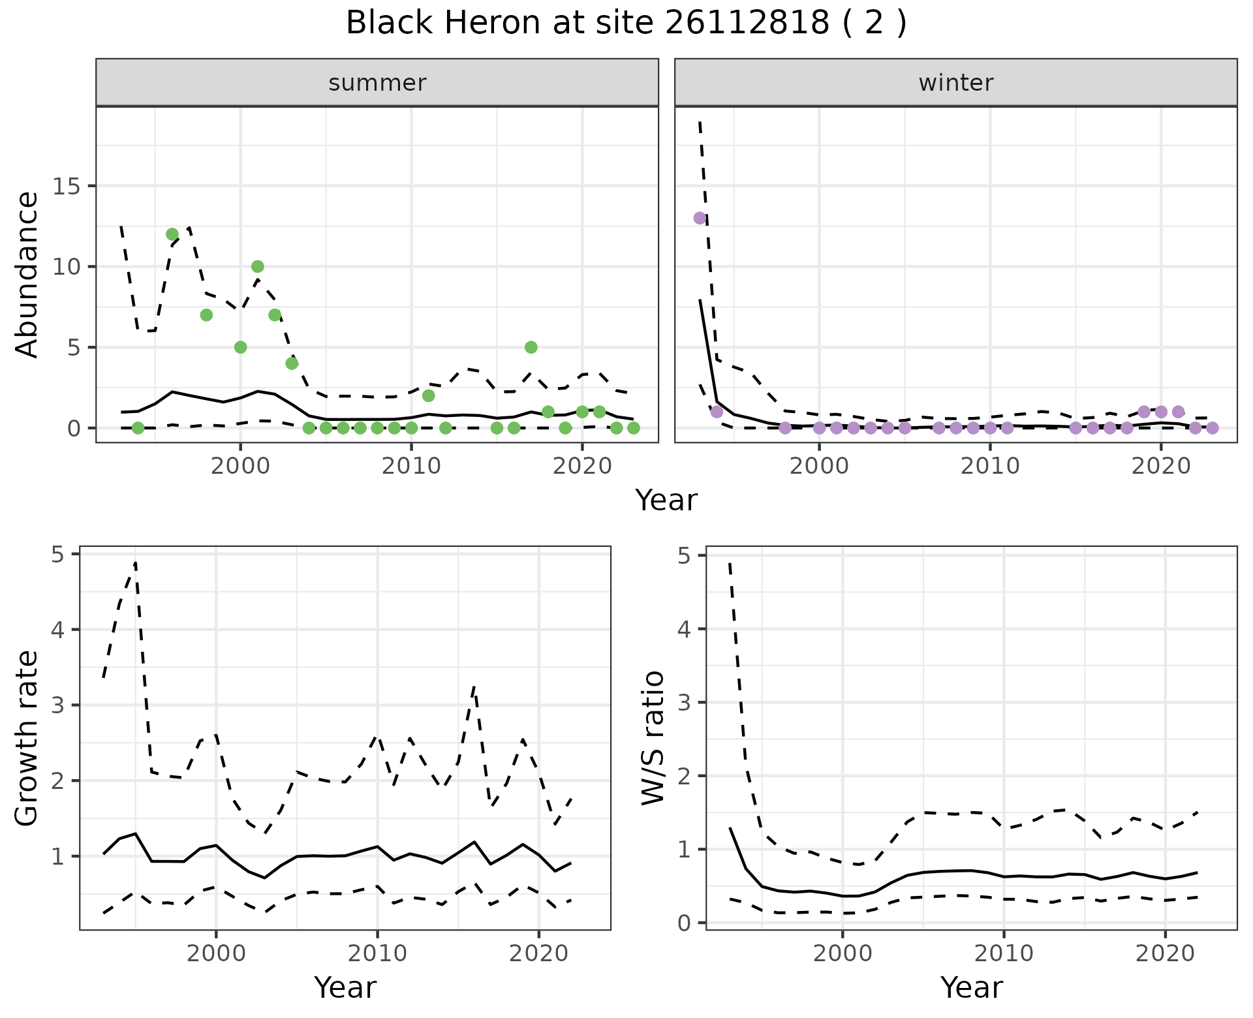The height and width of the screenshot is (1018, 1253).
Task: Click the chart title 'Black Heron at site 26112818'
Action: click(625, 23)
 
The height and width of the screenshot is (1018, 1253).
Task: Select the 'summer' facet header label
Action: click(377, 83)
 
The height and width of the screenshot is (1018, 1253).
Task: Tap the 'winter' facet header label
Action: click(955, 83)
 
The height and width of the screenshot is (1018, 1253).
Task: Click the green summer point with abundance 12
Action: click(172, 234)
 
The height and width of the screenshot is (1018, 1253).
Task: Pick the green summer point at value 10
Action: click(258, 266)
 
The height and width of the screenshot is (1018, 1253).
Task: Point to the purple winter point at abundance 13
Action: click(700, 218)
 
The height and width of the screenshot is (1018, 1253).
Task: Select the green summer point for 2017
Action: click(531, 347)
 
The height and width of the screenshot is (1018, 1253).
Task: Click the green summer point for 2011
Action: click(428, 395)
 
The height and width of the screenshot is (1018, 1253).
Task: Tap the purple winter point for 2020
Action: click(1161, 412)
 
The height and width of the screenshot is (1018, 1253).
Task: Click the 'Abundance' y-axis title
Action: click(27, 274)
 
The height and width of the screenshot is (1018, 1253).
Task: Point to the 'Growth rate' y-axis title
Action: click(27, 739)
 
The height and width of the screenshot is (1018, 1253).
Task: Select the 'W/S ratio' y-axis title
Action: click(653, 739)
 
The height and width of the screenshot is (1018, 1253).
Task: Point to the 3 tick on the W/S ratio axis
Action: click(684, 703)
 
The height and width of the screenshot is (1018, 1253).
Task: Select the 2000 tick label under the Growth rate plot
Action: click(216, 953)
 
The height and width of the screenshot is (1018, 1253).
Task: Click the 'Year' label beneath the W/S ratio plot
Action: click(971, 987)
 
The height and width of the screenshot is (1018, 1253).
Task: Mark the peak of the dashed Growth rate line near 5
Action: click(135, 563)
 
